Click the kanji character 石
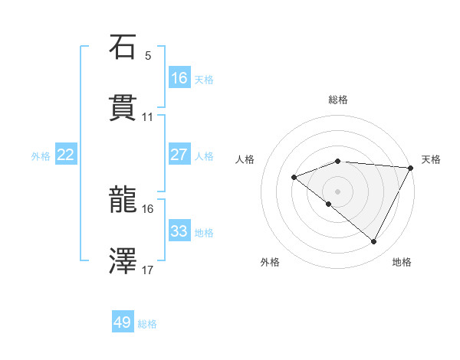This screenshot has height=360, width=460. (123, 47)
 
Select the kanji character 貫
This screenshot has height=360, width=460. (123, 107)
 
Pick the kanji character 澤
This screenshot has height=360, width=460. (123, 262)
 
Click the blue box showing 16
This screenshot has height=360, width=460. (179, 77)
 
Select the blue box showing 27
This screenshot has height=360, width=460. (179, 155)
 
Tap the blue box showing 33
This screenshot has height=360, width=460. (179, 231)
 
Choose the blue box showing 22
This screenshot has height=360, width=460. (66, 155)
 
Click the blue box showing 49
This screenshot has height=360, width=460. (123, 322)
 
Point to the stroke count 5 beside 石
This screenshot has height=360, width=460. (148, 56)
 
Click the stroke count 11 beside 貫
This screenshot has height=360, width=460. (148, 116)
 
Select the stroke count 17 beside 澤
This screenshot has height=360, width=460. (148, 270)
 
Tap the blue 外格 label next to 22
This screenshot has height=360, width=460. (41, 155)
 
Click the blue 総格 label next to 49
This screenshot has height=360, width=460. (147, 323)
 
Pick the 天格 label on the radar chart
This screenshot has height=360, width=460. (431, 159)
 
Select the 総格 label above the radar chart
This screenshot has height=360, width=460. (337, 100)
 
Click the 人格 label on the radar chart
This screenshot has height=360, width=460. (245, 159)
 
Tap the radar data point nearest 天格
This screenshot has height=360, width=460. (410, 168)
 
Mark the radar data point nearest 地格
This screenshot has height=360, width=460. (374, 242)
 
